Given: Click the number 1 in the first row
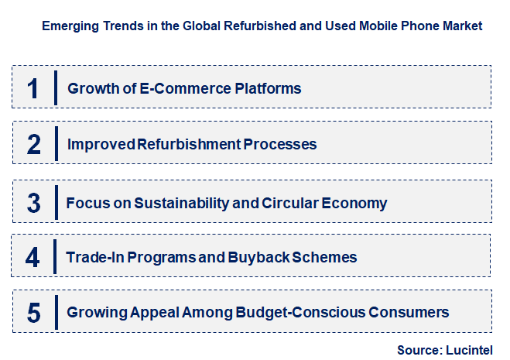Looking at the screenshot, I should [x=33, y=87].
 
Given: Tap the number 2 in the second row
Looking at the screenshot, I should [x=33, y=144].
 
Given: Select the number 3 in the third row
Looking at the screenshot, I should [x=33, y=203].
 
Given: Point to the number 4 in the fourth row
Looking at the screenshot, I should [x=33, y=256].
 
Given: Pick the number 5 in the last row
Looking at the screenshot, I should [x=33, y=313].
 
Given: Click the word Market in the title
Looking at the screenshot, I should [x=460, y=26].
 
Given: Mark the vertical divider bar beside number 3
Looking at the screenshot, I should [x=56, y=203].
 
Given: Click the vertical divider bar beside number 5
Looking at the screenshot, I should [x=56, y=313].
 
